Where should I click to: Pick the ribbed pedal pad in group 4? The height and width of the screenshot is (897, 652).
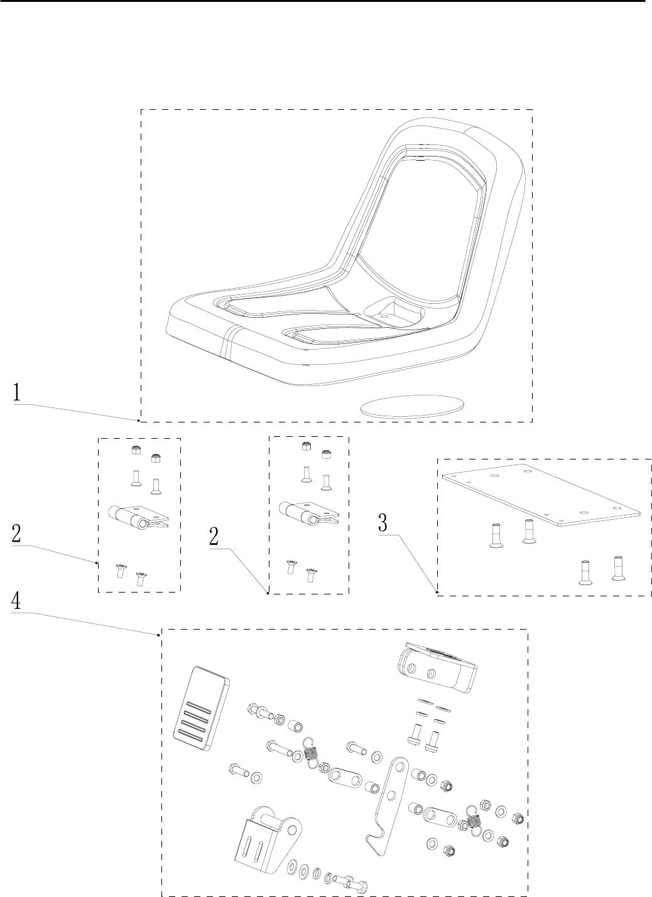[x=200, y=707]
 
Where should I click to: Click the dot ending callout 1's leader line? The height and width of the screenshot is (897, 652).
[x=138, y=419]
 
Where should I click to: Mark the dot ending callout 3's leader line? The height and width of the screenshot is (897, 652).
[x=437, y=591]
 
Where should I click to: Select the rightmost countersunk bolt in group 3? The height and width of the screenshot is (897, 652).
[x=619, y=567]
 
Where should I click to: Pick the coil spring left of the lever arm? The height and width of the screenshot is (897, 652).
[x=311, y=750]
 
